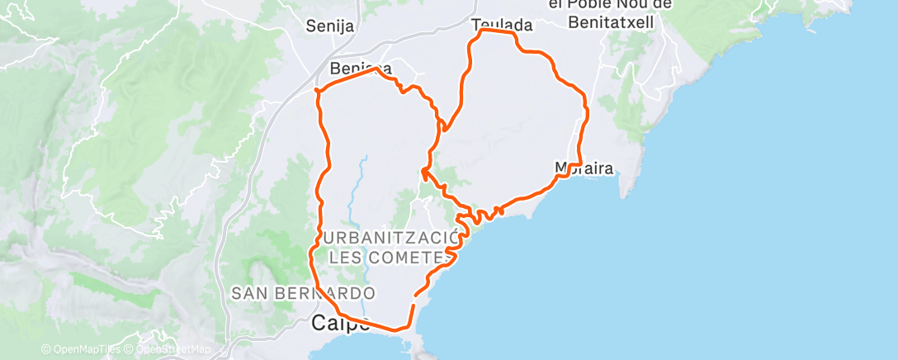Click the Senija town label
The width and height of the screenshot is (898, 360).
(329, 26)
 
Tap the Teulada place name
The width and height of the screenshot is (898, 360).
(502, 26)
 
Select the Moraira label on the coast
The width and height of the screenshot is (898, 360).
(584, 169)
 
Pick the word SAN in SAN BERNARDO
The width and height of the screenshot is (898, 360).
(248, 293)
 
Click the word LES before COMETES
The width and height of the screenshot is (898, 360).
(345, 258)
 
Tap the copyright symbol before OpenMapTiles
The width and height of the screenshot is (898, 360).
(45, 350)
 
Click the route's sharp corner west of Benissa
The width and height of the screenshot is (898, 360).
(318, 89)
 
